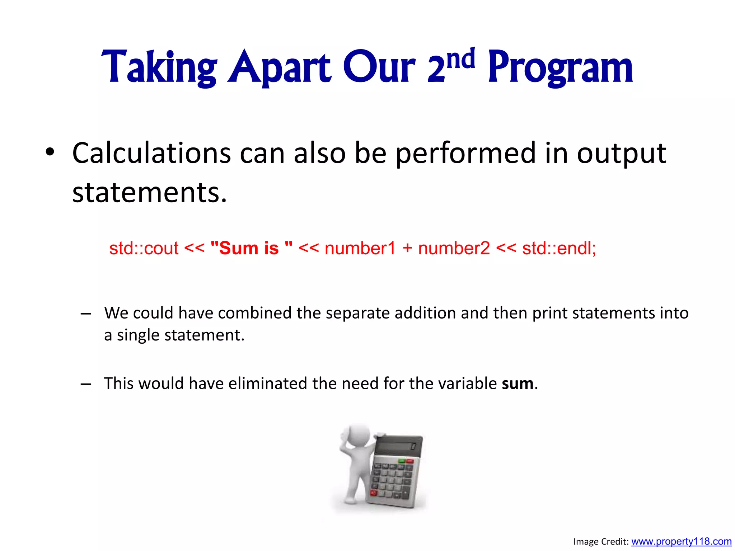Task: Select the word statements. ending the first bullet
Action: click(x=149, y=193)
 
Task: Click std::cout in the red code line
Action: click(x=144, y=248)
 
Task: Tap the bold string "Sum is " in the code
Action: click(x=252, y=248)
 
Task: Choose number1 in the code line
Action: click(x=360, y=248)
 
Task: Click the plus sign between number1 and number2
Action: click(x=407, y=248)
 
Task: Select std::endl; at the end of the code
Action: click(x=559, y=248)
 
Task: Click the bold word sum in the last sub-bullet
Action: click(x=517, y=383)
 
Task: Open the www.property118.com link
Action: click(x=681, y=541)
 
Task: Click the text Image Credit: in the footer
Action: click(x=601, y=542)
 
